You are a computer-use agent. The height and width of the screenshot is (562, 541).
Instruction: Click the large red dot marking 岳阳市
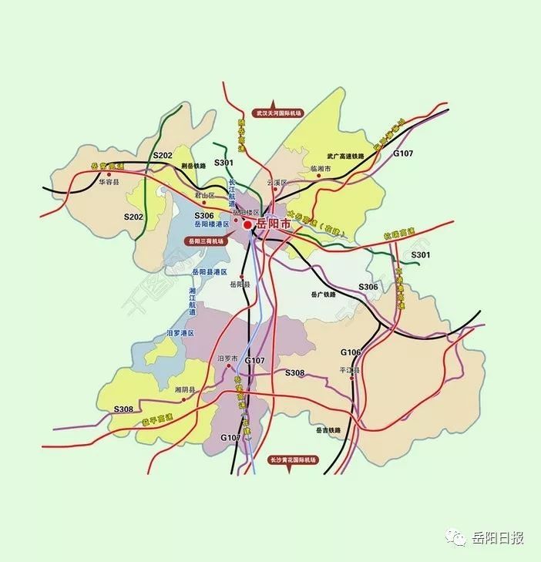pos(247,226)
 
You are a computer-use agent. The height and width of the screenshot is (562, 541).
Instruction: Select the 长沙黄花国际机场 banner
pos(294,459)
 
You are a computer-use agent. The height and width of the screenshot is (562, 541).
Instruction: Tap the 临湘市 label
pos(320,167)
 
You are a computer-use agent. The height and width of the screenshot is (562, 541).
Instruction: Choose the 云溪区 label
pos(276,183)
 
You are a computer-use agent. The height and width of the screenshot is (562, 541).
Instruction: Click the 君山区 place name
pos(205,196)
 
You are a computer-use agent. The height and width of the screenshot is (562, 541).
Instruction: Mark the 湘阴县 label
pos(186,390)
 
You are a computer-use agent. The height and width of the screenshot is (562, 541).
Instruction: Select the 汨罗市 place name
pos(228,358)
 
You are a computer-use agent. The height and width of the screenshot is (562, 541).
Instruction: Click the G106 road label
pos(351,352)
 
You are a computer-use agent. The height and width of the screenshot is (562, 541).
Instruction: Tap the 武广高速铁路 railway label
pos(344,154)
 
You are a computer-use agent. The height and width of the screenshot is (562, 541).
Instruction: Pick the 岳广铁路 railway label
pos(325,294)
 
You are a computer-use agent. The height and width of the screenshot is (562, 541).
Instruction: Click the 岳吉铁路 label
pos(328,430)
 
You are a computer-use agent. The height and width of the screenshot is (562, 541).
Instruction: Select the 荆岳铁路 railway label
pos(195,166)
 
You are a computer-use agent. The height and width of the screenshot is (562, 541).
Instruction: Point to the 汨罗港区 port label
pos(181,333)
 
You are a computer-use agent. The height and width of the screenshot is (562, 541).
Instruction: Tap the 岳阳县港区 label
pos(210,272)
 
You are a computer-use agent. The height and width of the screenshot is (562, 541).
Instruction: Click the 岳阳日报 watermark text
pos(497,538)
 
